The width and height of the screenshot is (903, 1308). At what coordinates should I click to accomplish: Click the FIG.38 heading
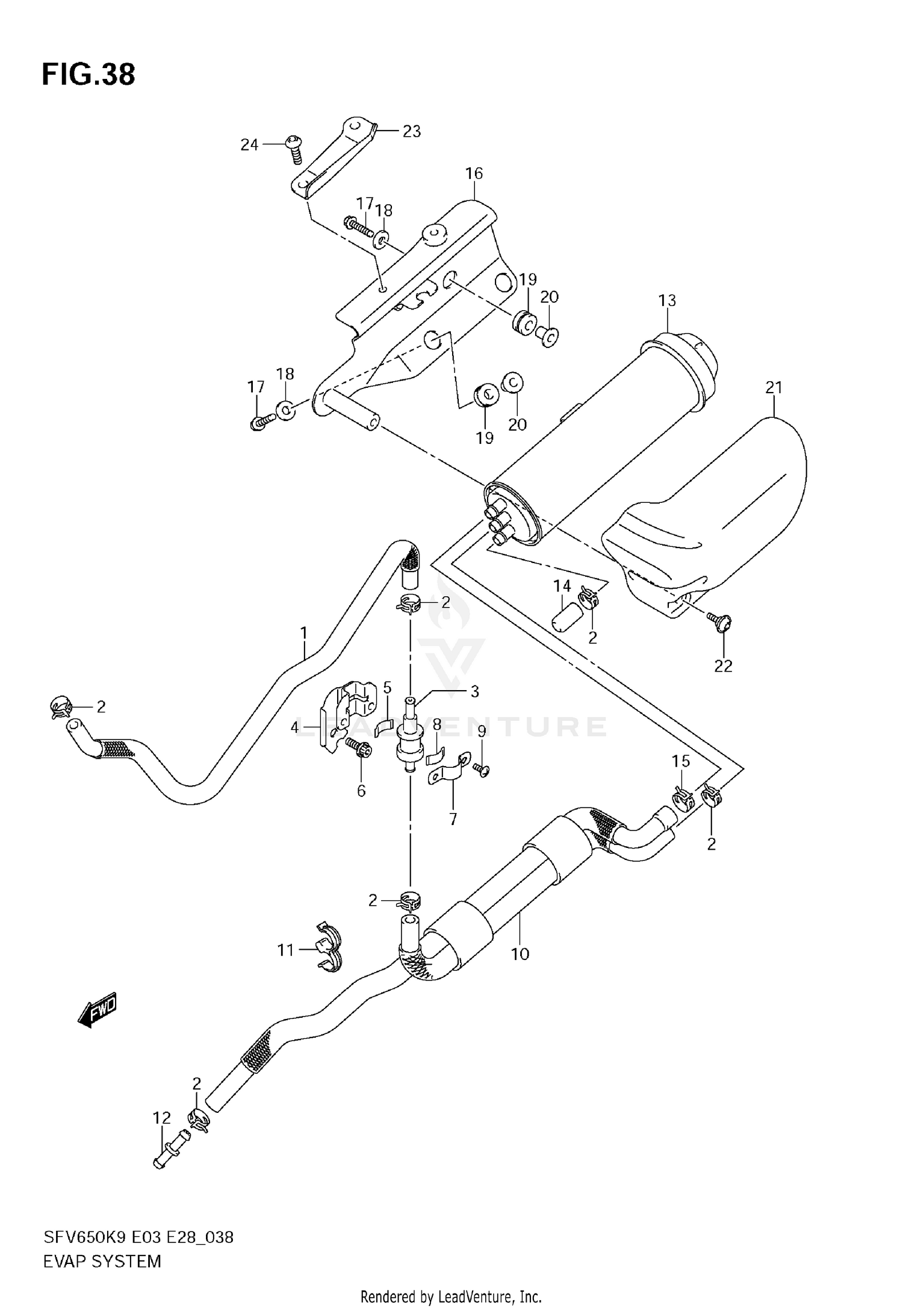click(x=88, y=75)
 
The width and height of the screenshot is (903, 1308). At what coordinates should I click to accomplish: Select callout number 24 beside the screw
click(x=249, y=145)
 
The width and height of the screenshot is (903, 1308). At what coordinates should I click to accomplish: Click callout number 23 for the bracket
click(x=412, y=131)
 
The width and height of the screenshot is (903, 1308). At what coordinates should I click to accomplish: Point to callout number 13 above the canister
click(x=667, y=301)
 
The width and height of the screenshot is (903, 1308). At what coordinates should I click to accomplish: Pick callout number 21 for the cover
click(x=774, y=388)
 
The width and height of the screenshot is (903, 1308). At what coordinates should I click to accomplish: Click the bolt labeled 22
click(x=719, y=621)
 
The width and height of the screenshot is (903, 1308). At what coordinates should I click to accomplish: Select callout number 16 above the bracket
click(x=474, y=173)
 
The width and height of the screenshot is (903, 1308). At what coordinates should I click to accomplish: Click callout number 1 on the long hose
click(x=304, y=633)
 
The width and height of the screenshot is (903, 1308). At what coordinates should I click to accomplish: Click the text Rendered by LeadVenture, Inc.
click(x=451, y=1297)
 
